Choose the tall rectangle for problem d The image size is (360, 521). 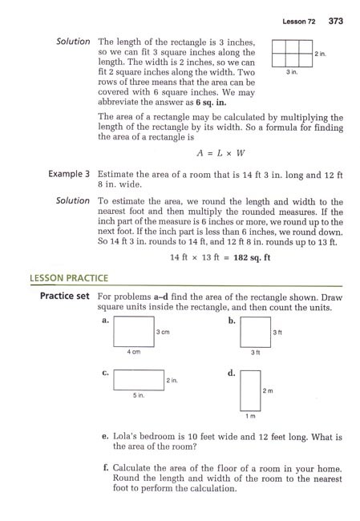tap(249, 389)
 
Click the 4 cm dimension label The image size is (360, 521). tap(134, 352)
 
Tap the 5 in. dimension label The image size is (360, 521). tap(138, 395)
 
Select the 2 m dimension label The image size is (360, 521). tap(269, 390)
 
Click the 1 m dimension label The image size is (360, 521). tap(249, 417)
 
